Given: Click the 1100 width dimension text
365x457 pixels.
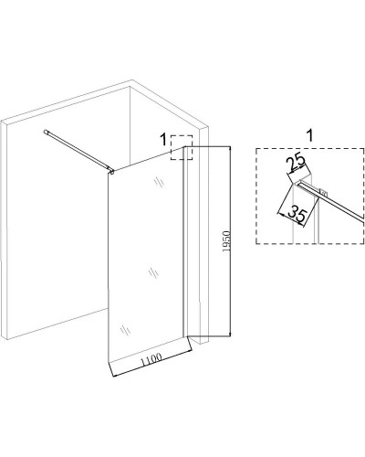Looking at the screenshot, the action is (151, 359).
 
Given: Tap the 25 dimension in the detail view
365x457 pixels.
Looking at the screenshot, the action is (297, 164).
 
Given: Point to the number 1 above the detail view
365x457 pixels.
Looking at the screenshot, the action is (309, 135).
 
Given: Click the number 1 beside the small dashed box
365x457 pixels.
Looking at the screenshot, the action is (163, 140).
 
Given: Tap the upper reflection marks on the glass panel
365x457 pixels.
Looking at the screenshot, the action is (160, 181).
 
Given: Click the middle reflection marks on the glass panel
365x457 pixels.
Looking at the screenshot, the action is (153, 272).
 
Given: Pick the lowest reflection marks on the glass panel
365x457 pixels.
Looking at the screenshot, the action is (125, 330).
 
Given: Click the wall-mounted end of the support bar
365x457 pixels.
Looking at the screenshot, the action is (46, 132).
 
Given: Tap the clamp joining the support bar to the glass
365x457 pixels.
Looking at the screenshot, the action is (112, 172).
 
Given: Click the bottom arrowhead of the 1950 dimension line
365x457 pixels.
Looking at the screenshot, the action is (230, 334).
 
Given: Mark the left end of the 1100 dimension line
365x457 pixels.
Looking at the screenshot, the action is (113, 377).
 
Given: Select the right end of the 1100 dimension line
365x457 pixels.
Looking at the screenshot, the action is (193, 351).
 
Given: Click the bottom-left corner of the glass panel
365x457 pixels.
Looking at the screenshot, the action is (109, 363).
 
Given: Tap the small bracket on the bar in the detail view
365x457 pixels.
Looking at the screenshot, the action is (323, 192).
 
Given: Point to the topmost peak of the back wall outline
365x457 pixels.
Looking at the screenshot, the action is (132, 80).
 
